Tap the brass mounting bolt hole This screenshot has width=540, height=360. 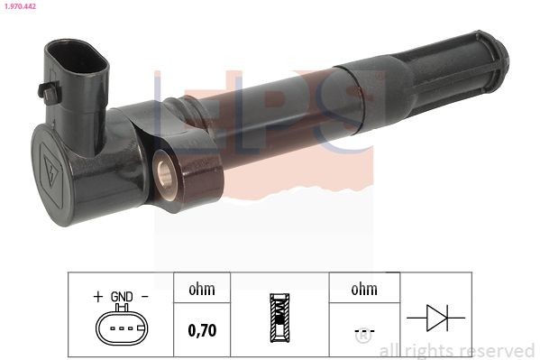click(x=166, y=166)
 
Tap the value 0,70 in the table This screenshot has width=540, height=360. click(x=201, y=331)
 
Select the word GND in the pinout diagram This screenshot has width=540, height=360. click(x=122, y=297)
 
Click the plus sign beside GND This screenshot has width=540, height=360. click(x=97, y=297)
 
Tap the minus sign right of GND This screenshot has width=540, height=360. click(x=144, y=297)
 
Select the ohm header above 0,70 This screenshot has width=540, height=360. click(x=200, y=291)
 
